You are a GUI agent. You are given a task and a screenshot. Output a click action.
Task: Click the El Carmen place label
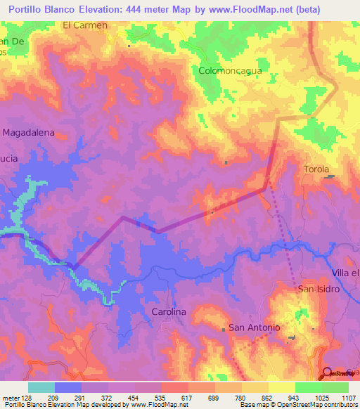click(x=85, y=25)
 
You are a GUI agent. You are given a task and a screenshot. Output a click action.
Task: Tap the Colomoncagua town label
click(x=229, y=71)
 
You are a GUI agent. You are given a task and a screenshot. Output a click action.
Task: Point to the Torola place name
click(x=316, y=169)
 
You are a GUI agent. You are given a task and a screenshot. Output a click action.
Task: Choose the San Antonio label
click(x=255, y=328)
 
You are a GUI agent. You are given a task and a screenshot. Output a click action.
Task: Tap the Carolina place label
click(x=168, y=311)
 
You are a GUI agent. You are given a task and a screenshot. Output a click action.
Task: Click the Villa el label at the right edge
click(x=345, y=273)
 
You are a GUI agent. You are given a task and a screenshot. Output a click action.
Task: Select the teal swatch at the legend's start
click(x=41, y=387)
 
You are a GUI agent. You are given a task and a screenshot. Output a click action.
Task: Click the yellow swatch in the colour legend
click(x=282, y=387)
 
